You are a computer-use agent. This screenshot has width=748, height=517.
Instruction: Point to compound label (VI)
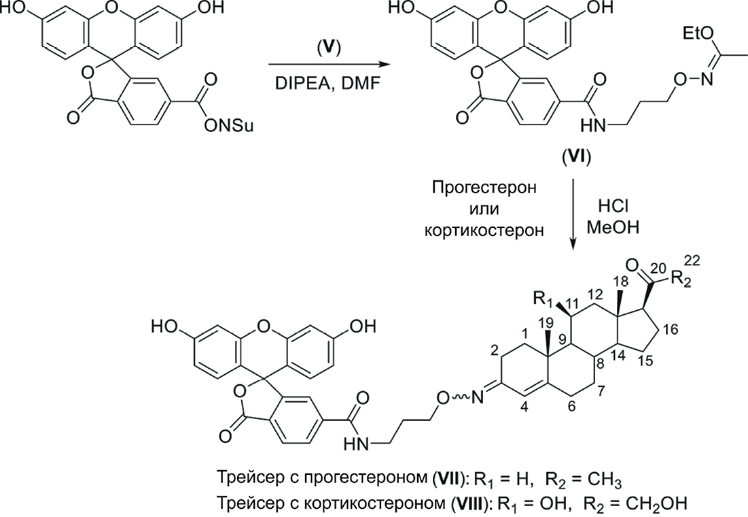[574, 161]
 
